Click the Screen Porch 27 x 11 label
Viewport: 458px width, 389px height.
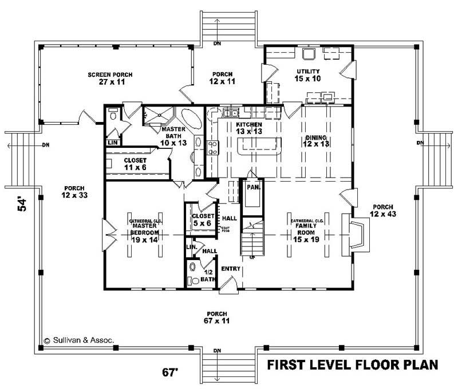110,78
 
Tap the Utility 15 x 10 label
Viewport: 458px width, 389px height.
308,74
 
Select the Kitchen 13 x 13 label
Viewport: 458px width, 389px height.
249,128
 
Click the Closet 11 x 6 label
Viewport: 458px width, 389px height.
136,164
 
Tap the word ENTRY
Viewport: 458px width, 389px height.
231,268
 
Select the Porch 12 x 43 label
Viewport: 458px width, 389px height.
382,210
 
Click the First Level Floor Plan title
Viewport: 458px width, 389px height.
353,365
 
